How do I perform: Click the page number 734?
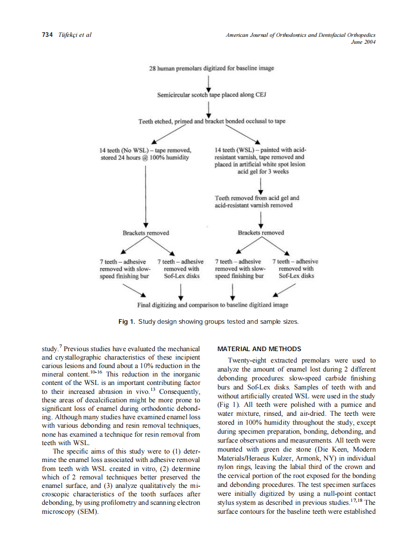[47, 35]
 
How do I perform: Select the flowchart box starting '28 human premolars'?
[211, 68]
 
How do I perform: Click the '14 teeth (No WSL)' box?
[145, 154]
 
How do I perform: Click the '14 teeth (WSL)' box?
[260, 161]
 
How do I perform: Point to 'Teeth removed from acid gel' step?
[257, 201]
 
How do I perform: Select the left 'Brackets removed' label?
[145, 233]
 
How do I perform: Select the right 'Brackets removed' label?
[261, 233]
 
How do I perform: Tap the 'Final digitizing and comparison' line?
[212, 305]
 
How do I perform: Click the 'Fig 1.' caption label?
[126, 322]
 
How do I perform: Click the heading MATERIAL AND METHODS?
[259, 349]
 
